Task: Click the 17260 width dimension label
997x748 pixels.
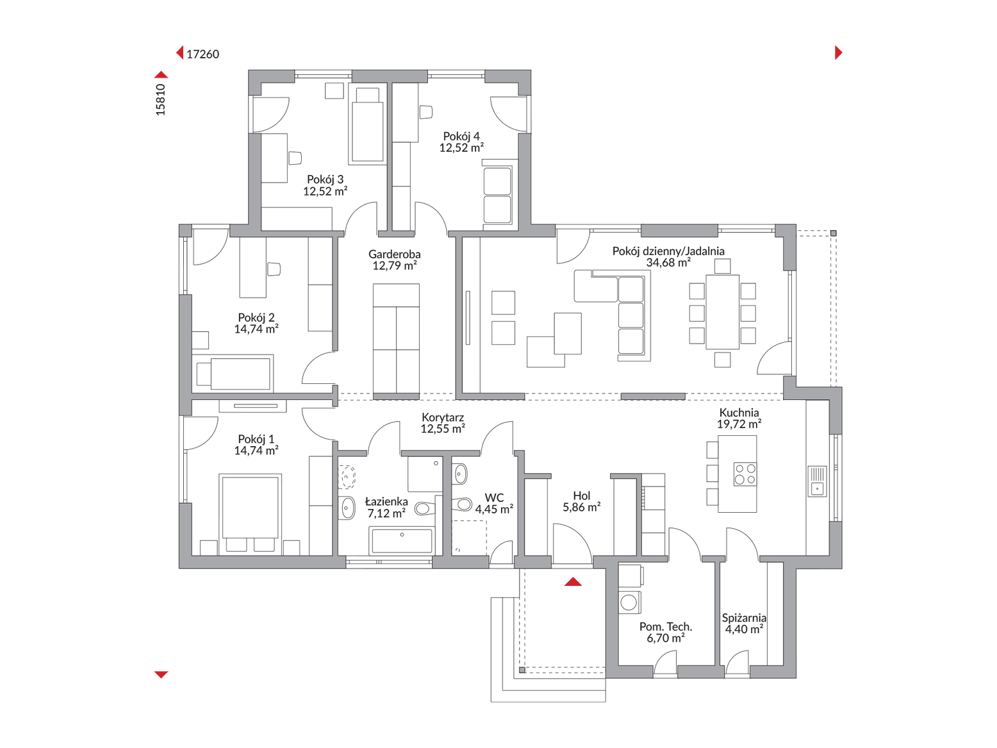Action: point(202,54)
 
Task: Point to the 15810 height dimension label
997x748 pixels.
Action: point(160,99)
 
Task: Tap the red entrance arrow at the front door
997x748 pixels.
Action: point(573,581)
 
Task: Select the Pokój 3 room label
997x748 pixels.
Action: point(325,179)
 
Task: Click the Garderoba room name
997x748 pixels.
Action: point(394,254)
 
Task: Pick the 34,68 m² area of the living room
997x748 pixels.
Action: point(668,263)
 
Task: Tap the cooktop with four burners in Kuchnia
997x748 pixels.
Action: point(745,474)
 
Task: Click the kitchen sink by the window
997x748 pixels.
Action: point(817,481)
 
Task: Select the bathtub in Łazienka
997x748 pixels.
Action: point(402,540)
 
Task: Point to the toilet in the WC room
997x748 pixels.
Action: point(462,504)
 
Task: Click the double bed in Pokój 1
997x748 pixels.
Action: point(250,514)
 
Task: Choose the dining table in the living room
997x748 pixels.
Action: point(722,312)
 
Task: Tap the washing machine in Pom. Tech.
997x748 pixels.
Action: point(630,603)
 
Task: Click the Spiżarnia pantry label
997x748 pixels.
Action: point(744,618)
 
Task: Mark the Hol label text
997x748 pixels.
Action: point(581,495)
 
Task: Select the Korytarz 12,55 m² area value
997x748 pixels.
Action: point(442,429)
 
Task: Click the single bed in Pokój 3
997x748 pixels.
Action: point(367,126)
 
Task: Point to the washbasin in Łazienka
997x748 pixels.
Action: point(347,507)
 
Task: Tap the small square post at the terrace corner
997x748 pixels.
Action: point(834,233)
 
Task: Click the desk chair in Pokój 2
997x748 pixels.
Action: point(274,269)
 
